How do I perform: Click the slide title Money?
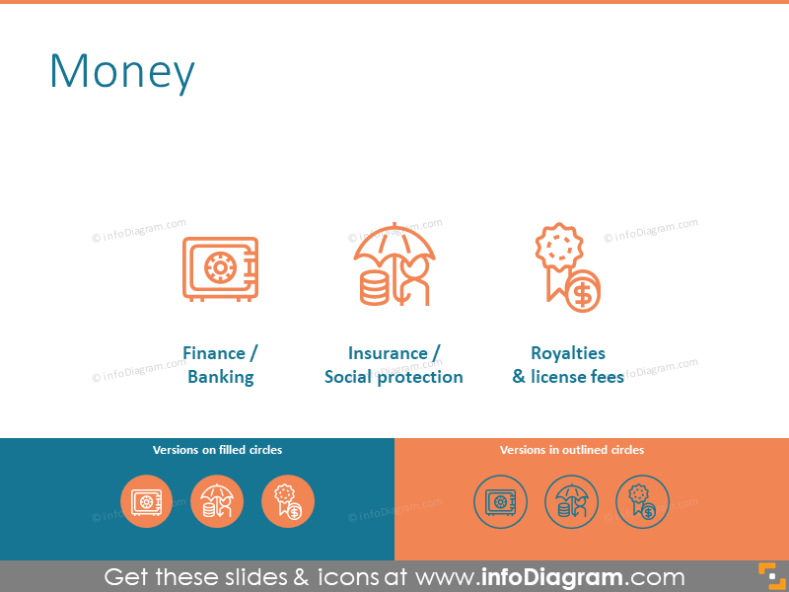click(122, 72)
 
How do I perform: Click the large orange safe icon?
click(220, 267)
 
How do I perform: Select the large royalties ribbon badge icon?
click(566, 267)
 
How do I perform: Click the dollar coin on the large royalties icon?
click(582, 292)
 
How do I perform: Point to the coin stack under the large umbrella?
click(374, 287)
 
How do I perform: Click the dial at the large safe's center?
click(216, 268)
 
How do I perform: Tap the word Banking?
click(220, 377)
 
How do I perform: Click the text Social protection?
click(394, 377)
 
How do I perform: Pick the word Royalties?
click(568, 353)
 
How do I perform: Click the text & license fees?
click(568, 377)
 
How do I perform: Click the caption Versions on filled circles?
click(217, 450)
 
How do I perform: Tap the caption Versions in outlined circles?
click(572, 450)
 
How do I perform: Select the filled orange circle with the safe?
click(146, 501)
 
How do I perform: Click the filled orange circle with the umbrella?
click(217, 501)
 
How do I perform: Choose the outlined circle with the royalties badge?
click(642, 501)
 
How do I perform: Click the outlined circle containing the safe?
click(500, 501)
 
